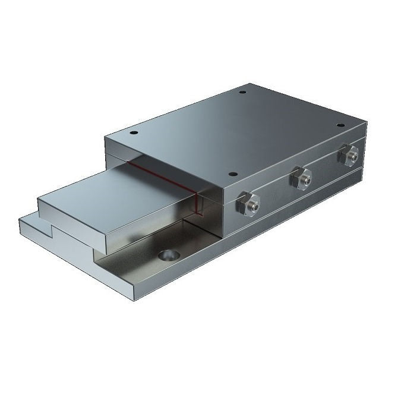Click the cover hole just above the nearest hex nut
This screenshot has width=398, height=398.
(x=233, y=175)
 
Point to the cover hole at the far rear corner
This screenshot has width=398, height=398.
(x=242, y=92)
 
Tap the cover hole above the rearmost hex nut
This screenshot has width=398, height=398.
(x=340, y=125)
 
